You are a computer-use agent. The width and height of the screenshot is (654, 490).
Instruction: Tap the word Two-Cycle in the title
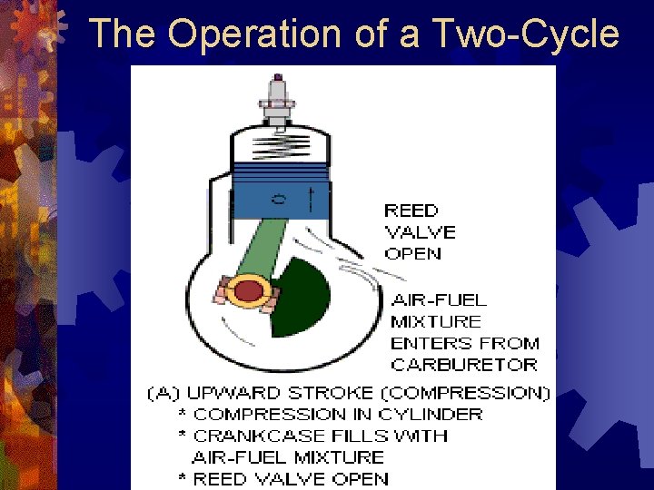(x=526, y=34)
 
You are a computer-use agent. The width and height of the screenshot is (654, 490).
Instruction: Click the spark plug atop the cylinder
(x=277, y=101)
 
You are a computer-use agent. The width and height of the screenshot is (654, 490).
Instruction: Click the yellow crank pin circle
(x=245, y=293)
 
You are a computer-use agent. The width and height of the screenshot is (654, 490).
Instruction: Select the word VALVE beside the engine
(x=421, y=232)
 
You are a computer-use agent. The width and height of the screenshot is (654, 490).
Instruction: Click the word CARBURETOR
(x=464, y=365)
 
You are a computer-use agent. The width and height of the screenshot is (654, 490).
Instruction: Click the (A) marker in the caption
(x=163, y=393)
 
